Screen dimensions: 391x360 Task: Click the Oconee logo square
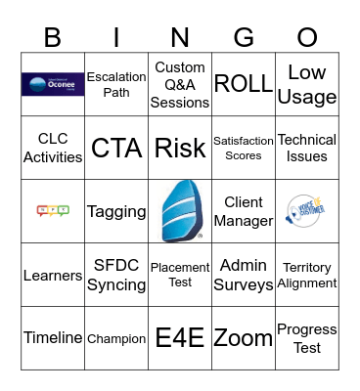pyautogui.click(x=53, y=84)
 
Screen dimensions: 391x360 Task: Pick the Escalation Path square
pyautogui.click(x=116, y=84)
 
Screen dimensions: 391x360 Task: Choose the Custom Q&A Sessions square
pyautogui.click(x=180, y=84)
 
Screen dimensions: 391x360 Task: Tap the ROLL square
pyautogui.click(x=244, y=84)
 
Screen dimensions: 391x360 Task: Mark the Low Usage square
pyautogui.click(x=307, y=84)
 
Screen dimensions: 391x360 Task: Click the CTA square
pyautogui.click(x=116, y=148)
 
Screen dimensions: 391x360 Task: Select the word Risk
pyautogui.click(x=180, y=148)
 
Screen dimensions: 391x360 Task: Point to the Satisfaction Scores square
pyautogui.click(x=244, y=148)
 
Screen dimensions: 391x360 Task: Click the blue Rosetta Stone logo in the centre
pyautogui.click(x=180, y=210)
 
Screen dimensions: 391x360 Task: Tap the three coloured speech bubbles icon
pyautogui.click(x=53, y=210)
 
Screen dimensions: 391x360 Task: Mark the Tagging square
pyautogui.click(x=116, y=211)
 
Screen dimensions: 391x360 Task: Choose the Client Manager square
pyautogui.click(x=244, y=211)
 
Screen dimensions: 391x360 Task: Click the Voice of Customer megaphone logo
pyautogui.click(x=307, y=210)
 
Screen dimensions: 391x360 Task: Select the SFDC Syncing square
pyautogui.click(x=116, y=275)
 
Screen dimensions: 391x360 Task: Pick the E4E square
pyautogui.click(x=180, y=338)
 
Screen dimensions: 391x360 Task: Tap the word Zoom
pyautogui.click(x=244, y=338)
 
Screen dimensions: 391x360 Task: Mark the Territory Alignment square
pyautogui.click(x=307, y=275)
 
